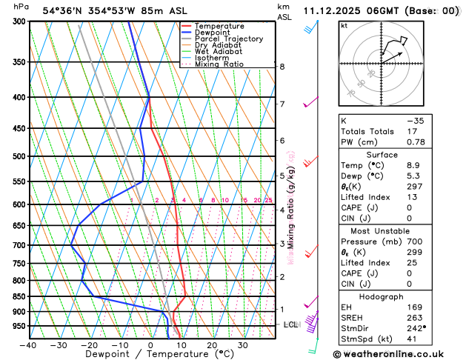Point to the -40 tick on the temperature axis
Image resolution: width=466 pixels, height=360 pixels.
[29, 345]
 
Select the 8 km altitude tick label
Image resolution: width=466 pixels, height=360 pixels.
[282, 67]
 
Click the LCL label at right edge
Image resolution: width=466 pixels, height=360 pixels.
[291, 325]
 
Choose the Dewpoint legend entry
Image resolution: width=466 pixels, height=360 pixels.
[212, 33]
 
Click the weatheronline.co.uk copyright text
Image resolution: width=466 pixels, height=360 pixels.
[398, 354]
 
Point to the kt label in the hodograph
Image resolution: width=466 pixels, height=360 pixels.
[344, 25]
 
